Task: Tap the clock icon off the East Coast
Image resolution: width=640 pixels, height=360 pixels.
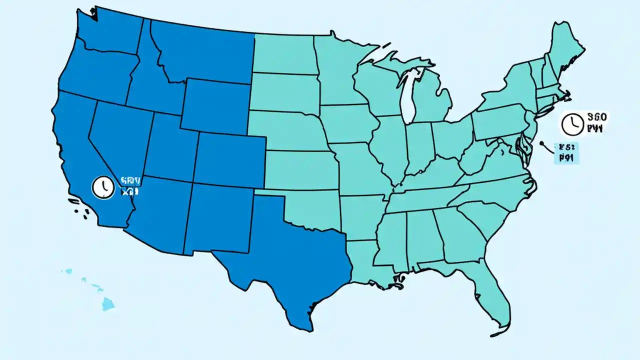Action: (x=571, y=124)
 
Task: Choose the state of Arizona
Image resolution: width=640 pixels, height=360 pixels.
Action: (x=157, y=215)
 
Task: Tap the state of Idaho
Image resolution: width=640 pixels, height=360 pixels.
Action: (x=150, y=80)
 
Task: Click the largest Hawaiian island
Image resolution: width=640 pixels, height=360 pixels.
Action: (x=108, y=303)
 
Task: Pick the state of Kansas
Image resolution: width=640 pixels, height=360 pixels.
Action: (x=300, y=170)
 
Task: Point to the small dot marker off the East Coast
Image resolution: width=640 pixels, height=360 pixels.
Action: (x=541, y=143)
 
